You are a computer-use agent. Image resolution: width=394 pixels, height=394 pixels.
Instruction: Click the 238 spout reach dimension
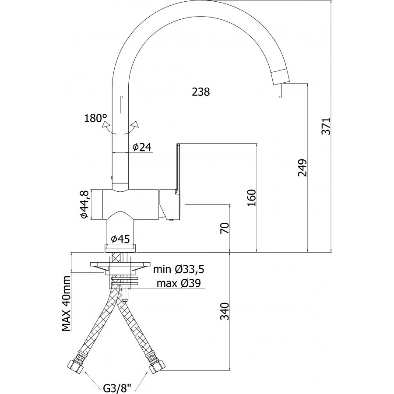click(201, 92)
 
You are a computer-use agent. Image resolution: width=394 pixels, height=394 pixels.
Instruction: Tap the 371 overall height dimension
click(326, 126)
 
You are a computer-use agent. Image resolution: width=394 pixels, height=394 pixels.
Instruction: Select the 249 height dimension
click(303, 168)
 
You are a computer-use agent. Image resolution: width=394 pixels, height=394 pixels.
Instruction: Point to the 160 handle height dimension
click(252, 198)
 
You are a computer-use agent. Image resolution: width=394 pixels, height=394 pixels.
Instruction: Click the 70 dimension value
click(225, 228)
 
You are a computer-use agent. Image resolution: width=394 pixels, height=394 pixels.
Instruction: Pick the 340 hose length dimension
click(225, 311)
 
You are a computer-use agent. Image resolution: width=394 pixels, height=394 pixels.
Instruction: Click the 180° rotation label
click(95, 118)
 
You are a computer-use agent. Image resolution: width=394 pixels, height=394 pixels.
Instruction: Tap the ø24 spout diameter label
click(142, 147)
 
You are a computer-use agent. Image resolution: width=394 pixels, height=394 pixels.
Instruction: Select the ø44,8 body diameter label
click(84, 204)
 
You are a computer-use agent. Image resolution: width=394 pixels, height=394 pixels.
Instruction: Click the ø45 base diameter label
click(120, 239)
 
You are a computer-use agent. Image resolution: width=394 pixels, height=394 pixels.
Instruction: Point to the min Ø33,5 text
click(179, 270)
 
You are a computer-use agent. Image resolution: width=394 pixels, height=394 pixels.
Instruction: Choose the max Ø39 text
click(179, 283)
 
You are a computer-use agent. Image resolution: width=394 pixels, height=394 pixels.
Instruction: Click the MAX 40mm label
click(66, 303)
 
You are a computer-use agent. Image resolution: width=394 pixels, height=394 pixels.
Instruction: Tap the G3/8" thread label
click(117, 388)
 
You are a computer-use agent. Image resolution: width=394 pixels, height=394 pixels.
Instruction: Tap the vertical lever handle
click(178, 169)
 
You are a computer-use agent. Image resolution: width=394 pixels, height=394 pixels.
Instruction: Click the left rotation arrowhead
click(106, 125)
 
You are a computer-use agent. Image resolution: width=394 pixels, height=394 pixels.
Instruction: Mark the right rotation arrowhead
click(135, 124)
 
